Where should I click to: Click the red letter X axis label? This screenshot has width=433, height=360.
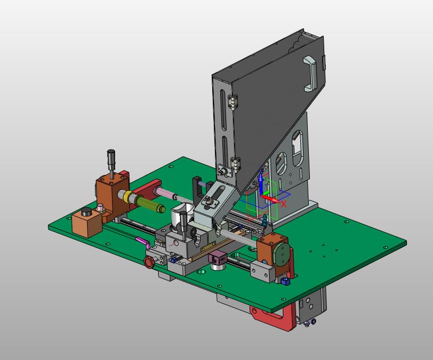coord(283,204)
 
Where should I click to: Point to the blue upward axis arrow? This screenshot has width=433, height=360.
coord(261,183)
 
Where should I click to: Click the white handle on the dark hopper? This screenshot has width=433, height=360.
coord(310,73)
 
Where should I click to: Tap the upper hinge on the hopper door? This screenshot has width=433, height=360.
coord(232,102)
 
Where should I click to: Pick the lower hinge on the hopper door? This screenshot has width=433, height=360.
coord(236,164)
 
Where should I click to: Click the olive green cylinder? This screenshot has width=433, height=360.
coord(149,204)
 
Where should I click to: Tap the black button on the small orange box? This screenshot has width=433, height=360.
coord(88,212)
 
